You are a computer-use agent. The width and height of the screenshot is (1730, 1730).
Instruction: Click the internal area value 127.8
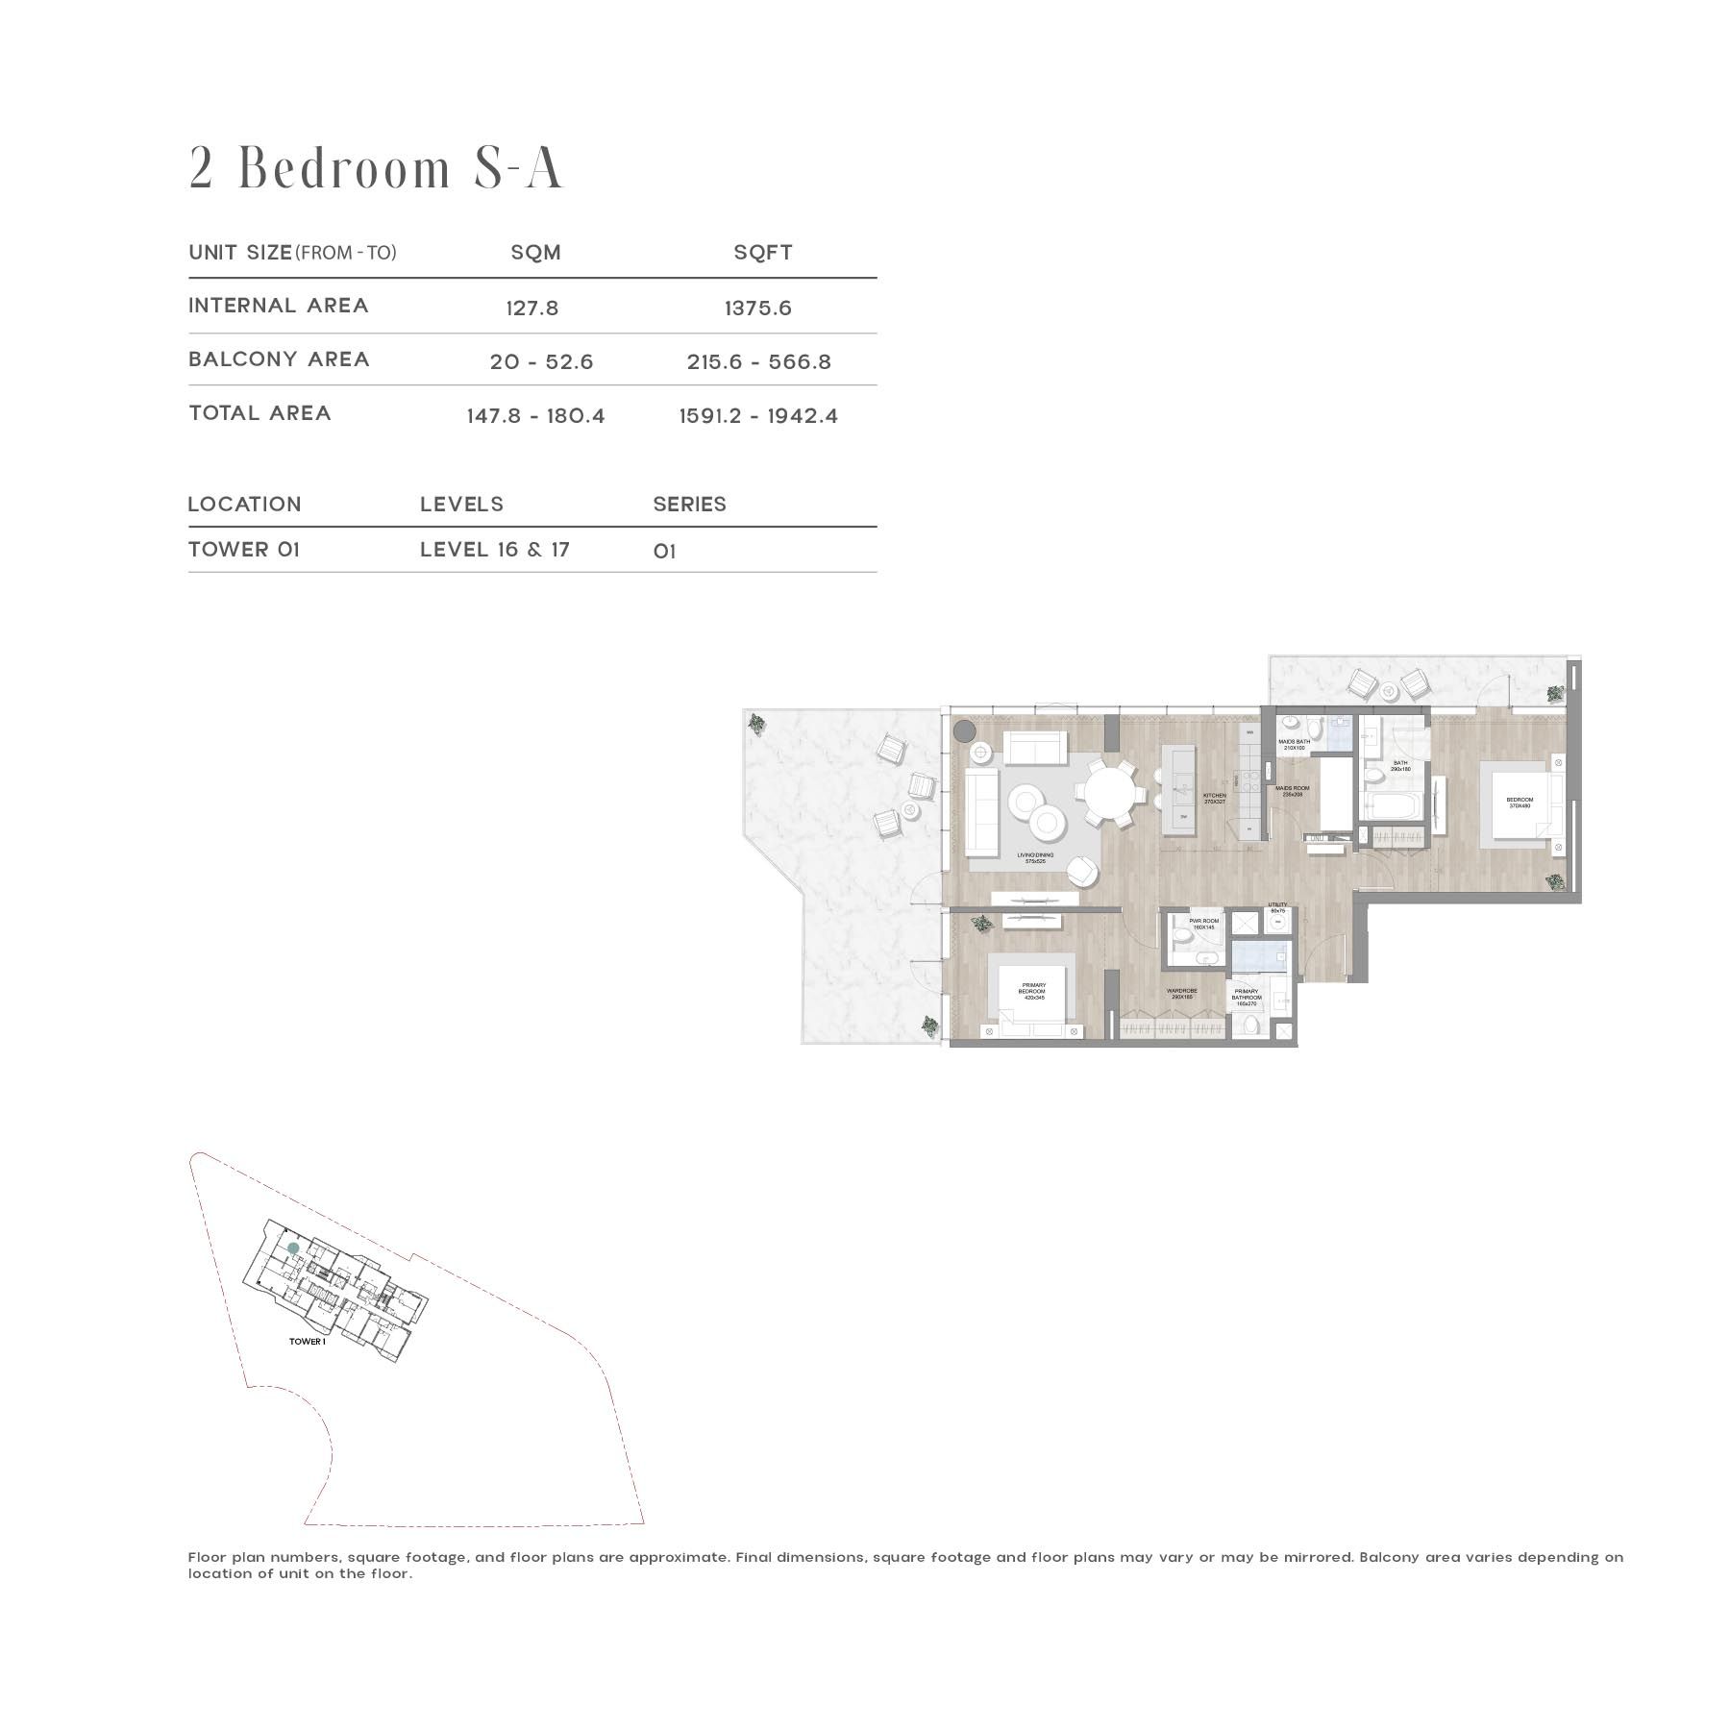pyautogui.click(x=531, y=309)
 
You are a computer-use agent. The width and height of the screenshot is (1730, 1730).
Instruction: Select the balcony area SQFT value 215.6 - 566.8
pyautogui.click(x=758, y=362)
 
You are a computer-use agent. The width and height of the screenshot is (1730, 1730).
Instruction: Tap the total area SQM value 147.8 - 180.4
pyautogui.click(x=535, y=416)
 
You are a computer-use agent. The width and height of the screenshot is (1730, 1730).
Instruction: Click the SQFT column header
pyautogui.click(x=762, y=253)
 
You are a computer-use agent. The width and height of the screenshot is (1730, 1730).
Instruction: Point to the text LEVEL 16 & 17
pyautogui.click(x=494, y=550)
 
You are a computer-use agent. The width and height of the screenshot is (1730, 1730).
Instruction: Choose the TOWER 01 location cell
pyautogui.click(x=244, y=550)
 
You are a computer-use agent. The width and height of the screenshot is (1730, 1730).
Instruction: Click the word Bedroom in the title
pyautogui.click(x=344, y=169)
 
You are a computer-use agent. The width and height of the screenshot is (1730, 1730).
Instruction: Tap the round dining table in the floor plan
pyautogui.click(x=1110, y=794)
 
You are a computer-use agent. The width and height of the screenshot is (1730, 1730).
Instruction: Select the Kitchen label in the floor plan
pyautogui.click(x=1215, y=797)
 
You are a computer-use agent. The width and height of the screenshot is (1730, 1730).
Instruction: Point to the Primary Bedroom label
pyautogui.click(x=1033, y=991)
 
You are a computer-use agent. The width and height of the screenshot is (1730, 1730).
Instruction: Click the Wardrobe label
pyautogui.click(x=1181, y=994)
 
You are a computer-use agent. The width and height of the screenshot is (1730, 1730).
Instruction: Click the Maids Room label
pyautogui.click(x=1289, y=791)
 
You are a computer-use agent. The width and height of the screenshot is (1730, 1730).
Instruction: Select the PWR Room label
pyautogui.click(x=1203, y=924)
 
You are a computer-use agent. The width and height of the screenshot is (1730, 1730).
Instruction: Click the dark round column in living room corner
pyautogui.click(x=964, y=731)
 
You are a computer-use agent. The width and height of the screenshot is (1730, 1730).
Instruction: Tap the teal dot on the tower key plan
pyautogui.click(x=293, y=1248)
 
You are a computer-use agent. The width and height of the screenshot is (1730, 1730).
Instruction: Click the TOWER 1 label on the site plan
pyautogui.click(x=308, y=1342)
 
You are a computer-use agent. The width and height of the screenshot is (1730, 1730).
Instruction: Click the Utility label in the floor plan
pyautogui.click(x=1277, y=906)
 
